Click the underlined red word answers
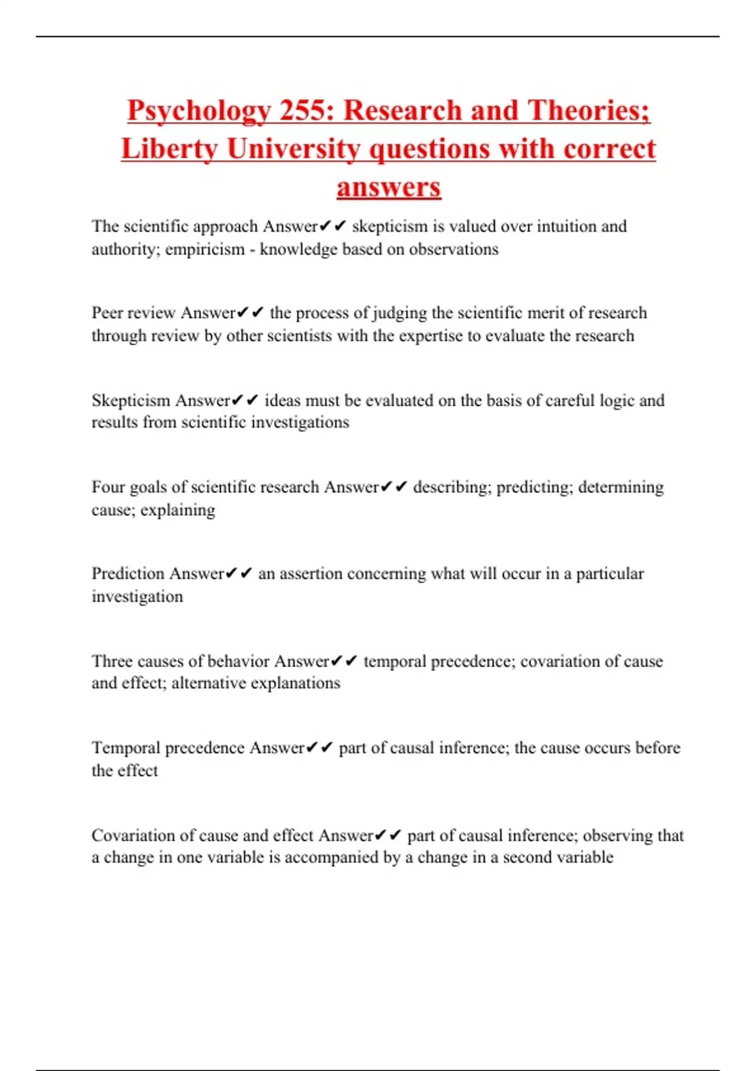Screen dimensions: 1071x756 [389, 188]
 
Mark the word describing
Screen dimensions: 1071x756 [451, 487]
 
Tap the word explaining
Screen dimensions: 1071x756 [178, 510]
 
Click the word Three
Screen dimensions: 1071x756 [112, 661]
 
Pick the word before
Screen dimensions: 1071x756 [658, 748]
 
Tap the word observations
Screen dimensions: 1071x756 [454, 249]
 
